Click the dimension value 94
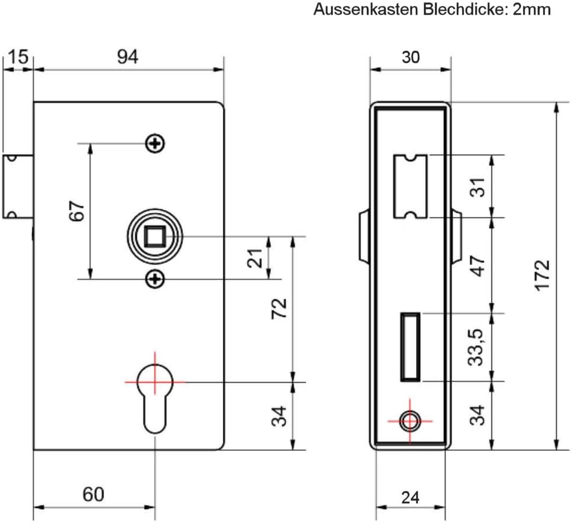pyautogui.click(x=128, y=57)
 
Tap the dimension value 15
pyautogui.click(x=18, y=57)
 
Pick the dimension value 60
pyautogui.click(x=93, y=494)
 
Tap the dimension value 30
pyautogui.click(x=410, y=57)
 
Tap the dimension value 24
pyautogui.click(x=410, y=497)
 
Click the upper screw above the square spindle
pyautogui.click(x=155, y=143)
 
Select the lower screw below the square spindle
pyautogui.click(x=155, y=279)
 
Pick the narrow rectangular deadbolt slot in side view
pyautogui.click(x=410, y=347)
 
